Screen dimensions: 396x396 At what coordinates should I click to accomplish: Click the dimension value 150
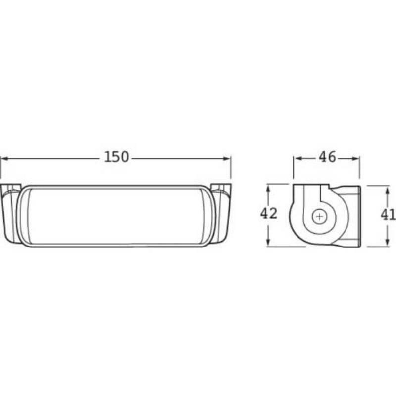116,157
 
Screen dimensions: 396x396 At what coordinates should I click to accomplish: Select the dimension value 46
327,157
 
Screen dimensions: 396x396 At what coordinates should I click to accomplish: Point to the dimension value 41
388,215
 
